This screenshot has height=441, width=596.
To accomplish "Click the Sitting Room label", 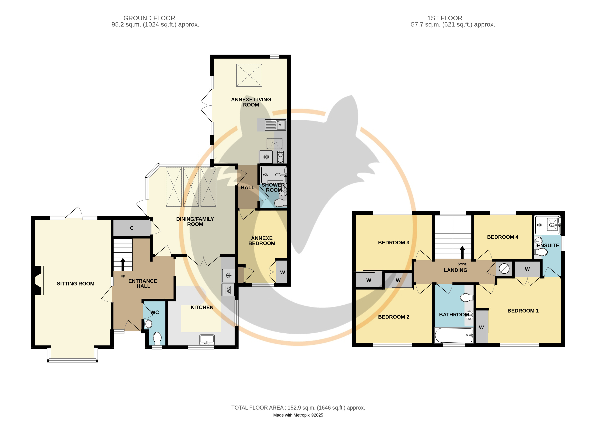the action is pyautogui.click(x=76, y=284).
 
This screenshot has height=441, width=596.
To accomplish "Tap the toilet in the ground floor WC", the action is pyautogui.click(x=157, y=339).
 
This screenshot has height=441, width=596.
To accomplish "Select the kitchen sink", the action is pyautogui.click(x=207, y=340).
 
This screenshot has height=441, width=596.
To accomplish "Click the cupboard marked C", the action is pyautogui.click(x=132, y=228).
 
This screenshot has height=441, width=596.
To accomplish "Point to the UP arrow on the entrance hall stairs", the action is pyautogui.click(x=123, y=264).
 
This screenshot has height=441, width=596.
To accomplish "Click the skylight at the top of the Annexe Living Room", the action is pyautogui.click(x=249, y=75).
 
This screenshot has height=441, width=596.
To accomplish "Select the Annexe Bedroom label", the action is pyautogui.click(x=262, y=241).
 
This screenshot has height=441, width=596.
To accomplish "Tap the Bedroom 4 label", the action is pyautogui.click(x=503, y=237).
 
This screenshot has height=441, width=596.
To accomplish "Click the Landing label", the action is pyautogui.click(x=455, y=270).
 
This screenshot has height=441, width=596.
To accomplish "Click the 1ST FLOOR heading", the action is pyautogui.click(x=445, y=18).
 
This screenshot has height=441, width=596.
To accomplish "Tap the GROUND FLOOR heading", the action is pyautogui.click(x=149, y=18).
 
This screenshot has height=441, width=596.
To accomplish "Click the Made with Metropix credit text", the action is pyautogui.click(x=298, y=415).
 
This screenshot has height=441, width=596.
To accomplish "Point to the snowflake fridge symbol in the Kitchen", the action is pyautogui.click(x=229, y=275).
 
